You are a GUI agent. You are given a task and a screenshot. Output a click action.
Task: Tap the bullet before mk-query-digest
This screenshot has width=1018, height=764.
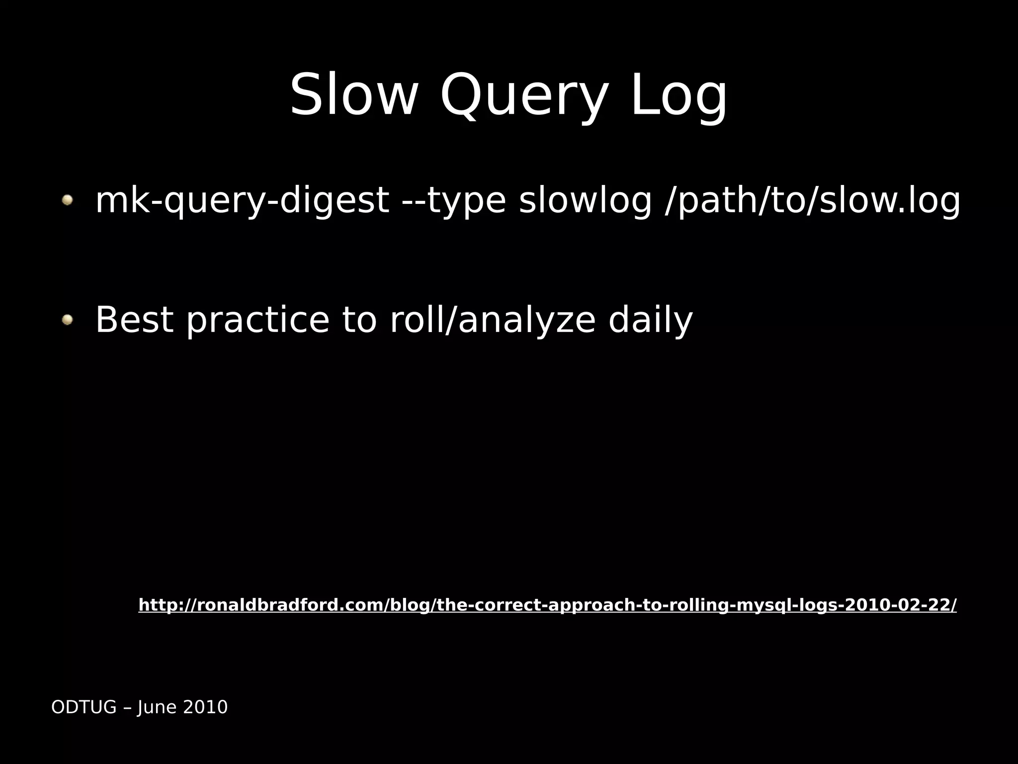pyautogui.click(x=67, y=200)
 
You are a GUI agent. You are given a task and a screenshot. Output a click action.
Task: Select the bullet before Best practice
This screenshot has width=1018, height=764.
pyautogui.click(x=67, y=320)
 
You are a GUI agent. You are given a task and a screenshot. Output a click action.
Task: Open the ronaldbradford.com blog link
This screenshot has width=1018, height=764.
pyautogui.click(x=547, y=605)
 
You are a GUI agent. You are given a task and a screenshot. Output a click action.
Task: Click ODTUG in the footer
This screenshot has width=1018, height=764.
pyautogui.click(x=84, y=707)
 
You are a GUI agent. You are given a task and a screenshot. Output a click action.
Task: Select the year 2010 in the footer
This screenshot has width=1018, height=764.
pyautogui.click(x=205, y=707)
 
